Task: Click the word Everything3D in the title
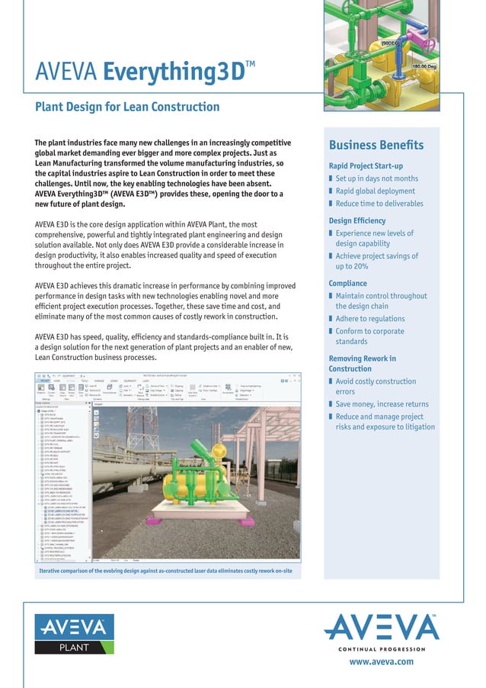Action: pos(174,72)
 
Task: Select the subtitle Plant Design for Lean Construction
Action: pos(127,107)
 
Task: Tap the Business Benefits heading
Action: pos(376,146)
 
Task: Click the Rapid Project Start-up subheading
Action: pos(366,166)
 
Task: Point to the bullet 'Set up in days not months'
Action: pos(376,178)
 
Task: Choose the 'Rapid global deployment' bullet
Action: pos(375,191)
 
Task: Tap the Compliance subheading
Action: pos(347,284)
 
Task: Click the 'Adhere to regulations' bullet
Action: pos(369,319)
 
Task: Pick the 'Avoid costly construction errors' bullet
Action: pos(376,386)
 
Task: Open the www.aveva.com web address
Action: pos(381,662)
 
